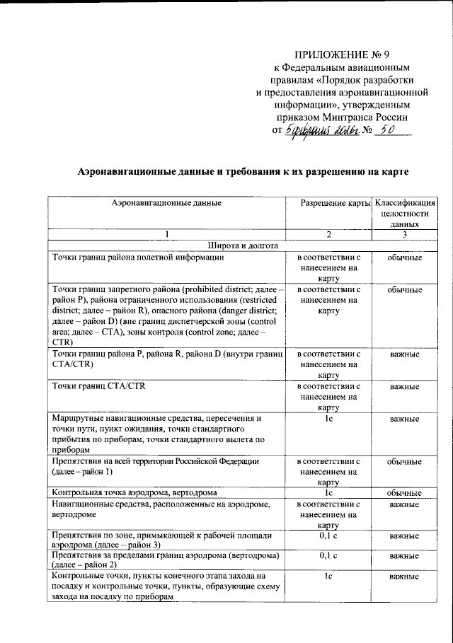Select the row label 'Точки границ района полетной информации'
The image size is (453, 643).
coord(139,257)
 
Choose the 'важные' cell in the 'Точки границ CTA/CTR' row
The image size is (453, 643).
coord(404,387)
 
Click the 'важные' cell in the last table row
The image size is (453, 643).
coord(404,577)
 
